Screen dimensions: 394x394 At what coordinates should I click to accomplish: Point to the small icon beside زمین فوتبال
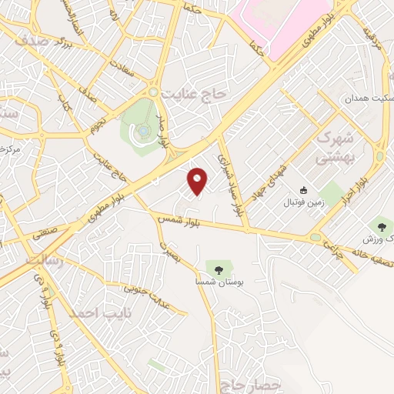[x=303, y=191]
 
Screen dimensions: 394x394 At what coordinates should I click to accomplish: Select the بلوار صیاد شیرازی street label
[x=234, y=181]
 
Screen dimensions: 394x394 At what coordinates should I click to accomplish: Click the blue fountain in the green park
[x=143, y=132]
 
